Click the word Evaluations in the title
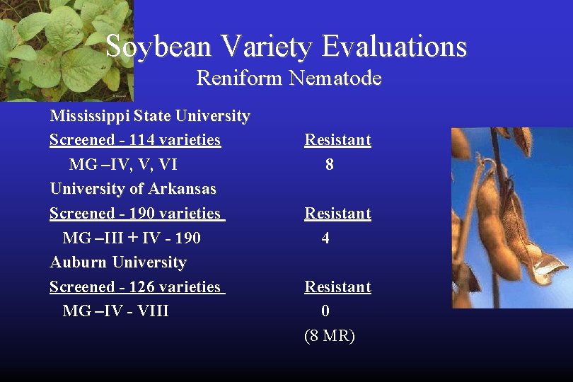(395, 47)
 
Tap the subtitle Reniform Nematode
(289, 77)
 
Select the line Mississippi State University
(149, 116)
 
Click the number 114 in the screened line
(146, 140)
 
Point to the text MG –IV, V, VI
(123, 165)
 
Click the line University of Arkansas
(133, 189)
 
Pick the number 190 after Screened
(146, 214)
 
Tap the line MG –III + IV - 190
(132, 238)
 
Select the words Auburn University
(118, 262)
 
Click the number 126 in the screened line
(146, 287)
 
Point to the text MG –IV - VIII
(116, 311)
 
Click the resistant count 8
(329, 165)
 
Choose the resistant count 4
(325, 238)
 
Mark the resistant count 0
(325, 311)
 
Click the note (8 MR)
(329, 336)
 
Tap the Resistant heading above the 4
(337, 214)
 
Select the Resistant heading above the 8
(337, 140)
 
